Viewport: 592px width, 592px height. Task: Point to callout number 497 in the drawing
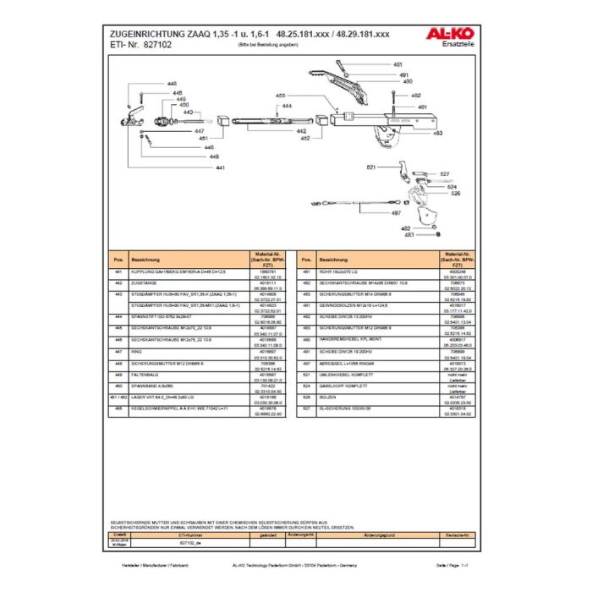pyautogui.click(x=397, y=213)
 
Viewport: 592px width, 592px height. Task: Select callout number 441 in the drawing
pyautogui.click(x=220, y=168)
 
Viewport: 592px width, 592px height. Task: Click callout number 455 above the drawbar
pyautogui.click(x=280, y=96)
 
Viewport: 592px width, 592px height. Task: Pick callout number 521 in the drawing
pyautogui.click(x=370, y=167)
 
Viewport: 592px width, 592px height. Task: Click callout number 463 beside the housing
pyautogui.click(x=438, y=133)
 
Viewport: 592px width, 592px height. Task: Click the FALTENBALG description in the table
pyautogui.click(x=145, y=373)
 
